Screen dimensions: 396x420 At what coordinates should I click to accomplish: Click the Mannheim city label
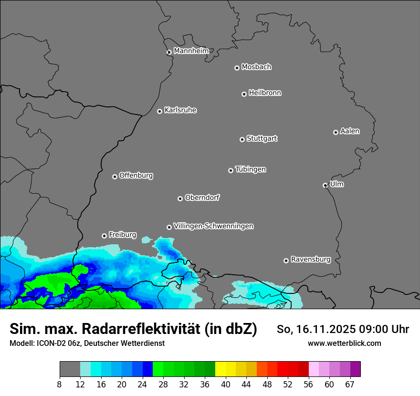point(191,51)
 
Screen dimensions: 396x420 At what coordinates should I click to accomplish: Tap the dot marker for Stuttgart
point(242,139)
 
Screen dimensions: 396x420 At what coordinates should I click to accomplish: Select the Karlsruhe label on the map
point(180,110)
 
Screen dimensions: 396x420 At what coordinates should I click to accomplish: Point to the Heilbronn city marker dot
point(244,94)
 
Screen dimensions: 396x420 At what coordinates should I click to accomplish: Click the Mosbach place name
point(256,67)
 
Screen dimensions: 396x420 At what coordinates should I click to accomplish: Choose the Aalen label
point(350,131)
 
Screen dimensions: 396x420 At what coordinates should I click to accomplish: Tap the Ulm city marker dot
point(325,185)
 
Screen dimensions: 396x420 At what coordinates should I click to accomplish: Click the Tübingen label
point(251,169)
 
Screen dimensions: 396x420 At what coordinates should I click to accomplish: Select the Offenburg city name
point(136,176)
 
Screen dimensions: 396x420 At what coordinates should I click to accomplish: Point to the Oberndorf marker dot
point(180,198)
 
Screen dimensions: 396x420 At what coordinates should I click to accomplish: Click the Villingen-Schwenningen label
point(213,226)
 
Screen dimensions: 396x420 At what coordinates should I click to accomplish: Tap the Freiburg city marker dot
point(104,236)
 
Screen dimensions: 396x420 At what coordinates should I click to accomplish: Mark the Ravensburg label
point(311,260)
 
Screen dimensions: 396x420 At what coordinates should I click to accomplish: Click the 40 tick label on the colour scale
point(226,385)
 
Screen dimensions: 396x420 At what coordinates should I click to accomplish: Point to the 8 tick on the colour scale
point(59,385)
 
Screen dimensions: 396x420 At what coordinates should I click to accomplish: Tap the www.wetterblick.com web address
point(344,343)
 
